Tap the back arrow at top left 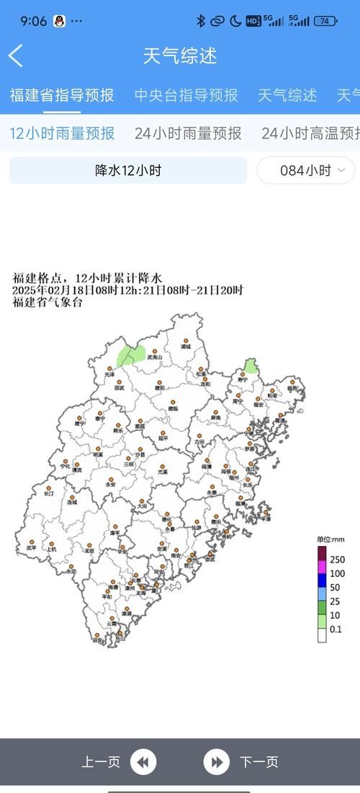pos(16,55)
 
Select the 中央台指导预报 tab pos(186,95)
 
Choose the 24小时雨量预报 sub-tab pos(188,133)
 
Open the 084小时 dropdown pos(306,171)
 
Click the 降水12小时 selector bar pos(128,171)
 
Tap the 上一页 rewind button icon pos(144,762)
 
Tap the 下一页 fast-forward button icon pos(215,762)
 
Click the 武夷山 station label pos(155,357)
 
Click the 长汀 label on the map pos(49,494)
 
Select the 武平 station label pos(32,548)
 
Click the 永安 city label pos(110,485)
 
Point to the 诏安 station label pos(97,640)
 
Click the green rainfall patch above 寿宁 pos(250,367)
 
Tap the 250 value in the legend pos(337,560)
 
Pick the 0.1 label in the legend pos(336,629)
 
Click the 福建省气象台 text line pos(48,303)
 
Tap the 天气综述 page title pos(180,55)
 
